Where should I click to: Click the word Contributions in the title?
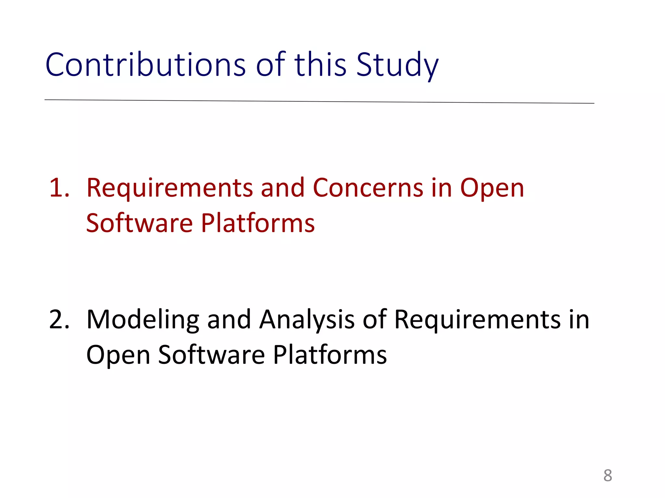pyautogui.click(x=145, y=65)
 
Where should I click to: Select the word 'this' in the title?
pyautogui.click(x=320, y=65)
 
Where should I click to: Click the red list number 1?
pyautogui.click(x=59, y=188)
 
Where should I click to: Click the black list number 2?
pyautogui.click(x=59, y=320)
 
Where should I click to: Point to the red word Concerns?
pyautogui.click(x=368, y=188)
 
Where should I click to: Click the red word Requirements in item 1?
pyautogui.click(x=169, y=188)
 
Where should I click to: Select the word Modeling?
pyautogui.click(x=143, y=320)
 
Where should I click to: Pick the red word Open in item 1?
pyautogui.click(x=492, y=188)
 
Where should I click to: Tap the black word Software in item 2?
pyautogui.click(x=211, y=355)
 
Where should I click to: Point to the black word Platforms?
pyautogui.click(x=330, y=355)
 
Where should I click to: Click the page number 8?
pyautogui.click(x=608, y=476)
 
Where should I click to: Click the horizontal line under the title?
pyautogui.click(x=319, y=101)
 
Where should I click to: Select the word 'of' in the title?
pyautogui.click(x=270, y=65)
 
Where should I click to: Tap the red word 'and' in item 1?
pyautogui.click(x=282, y=188)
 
